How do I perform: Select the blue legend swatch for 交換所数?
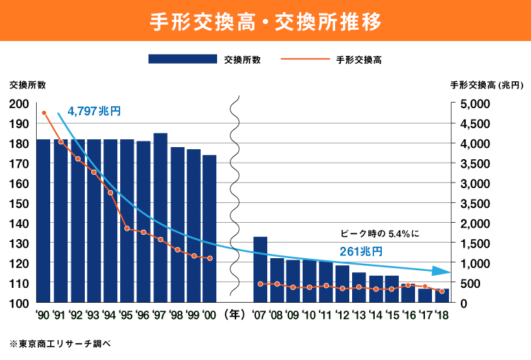(x=182, y=60)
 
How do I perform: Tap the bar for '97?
(x=161, y=218)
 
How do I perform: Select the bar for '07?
(x=260, y=269)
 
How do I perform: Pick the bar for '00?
(x=209, y=228)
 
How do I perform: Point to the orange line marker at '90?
(x=44, y=113)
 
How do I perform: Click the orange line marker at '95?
(x=127, y=228)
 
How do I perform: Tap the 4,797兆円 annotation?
(x=95, y=111)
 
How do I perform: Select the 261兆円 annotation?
(x=361, y=251)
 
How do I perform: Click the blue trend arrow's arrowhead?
(x=443, y=272)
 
